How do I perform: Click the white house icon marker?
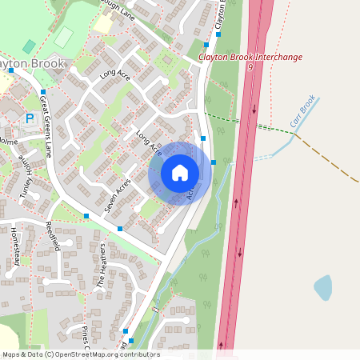click(180, 173)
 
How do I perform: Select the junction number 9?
click(250, 68)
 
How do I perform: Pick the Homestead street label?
click(17, 245)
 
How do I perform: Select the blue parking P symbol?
click(30, 118)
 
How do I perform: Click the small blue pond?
click(323, 288)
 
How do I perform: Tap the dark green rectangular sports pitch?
click(64, 37)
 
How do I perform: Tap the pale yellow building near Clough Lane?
click(102, 23)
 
